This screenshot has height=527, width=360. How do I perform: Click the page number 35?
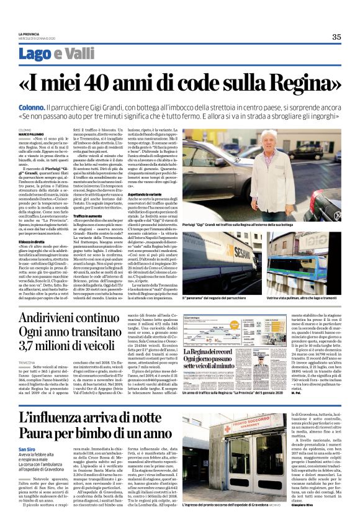[x=336, y=37]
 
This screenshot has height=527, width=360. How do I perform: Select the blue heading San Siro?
[x=27, y=449]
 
